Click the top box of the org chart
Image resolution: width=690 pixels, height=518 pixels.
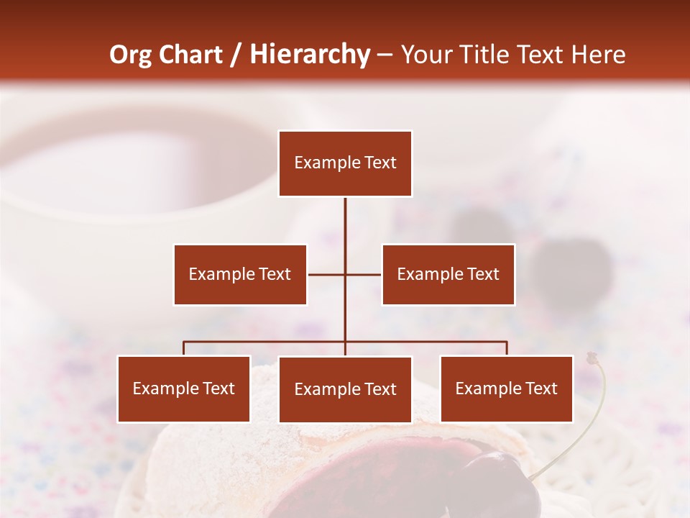click(x=345, y=163)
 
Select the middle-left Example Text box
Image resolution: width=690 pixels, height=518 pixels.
click(x=240, y=274)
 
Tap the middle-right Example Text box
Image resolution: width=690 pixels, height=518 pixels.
click(x=448, y=274)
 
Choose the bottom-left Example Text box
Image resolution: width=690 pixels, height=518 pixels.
click(x=184, y=388)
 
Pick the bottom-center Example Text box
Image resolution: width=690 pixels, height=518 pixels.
click(x=345, y=389)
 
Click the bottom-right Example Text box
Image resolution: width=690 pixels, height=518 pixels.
click(x=507, y=388)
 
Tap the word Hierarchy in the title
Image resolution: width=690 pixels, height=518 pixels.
click(x=309, y=55)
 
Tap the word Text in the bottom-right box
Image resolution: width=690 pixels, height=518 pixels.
click(x=540, y=388)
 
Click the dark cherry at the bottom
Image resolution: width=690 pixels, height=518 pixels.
click(x=496, y=482)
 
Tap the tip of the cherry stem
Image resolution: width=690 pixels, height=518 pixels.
click(x=592, y=357)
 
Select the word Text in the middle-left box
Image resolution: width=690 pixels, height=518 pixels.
click(x=274, y=274)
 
